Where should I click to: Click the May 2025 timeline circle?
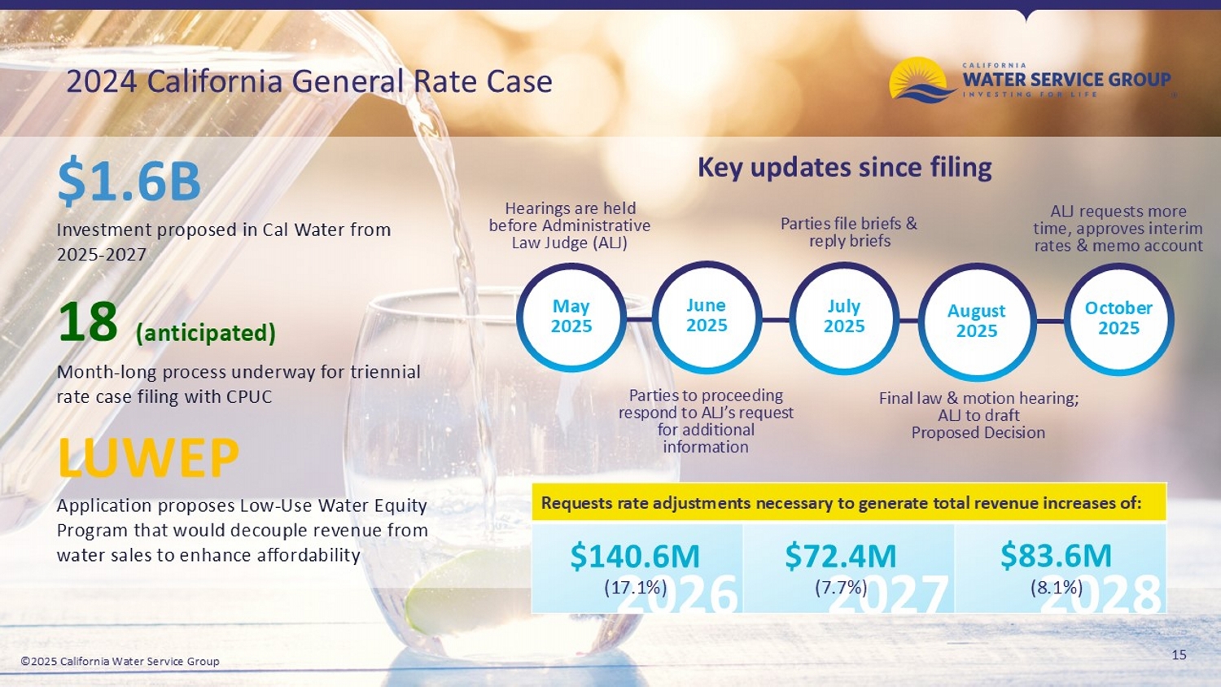click(x=571, y=317)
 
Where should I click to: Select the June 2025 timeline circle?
click(x=707, y=316)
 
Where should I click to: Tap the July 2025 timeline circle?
click(x=844, y=317)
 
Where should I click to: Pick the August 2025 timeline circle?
click(x=977, y=321)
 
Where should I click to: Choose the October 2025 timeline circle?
click(x=1118, y=318)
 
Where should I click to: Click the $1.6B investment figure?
click(x=129, y=181)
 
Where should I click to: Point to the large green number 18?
click(x=88, y=322)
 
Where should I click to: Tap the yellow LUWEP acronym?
click(x=148, y=457)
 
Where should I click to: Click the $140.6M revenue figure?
click(x=635, y=556)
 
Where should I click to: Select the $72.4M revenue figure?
click(x=840, y=556)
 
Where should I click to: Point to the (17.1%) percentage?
click(x=635, y=587)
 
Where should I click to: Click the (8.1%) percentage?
click(x=1056, y=587)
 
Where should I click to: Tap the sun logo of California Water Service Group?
click(x=921, y=80)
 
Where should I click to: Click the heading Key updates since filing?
click(x=844, y=168)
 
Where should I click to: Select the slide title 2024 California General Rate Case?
click(x=309, y=81)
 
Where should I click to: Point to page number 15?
click(x=1179, y=654)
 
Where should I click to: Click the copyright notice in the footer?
click(x=120, y=661)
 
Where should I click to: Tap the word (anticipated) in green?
click(x=206, y=333)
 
